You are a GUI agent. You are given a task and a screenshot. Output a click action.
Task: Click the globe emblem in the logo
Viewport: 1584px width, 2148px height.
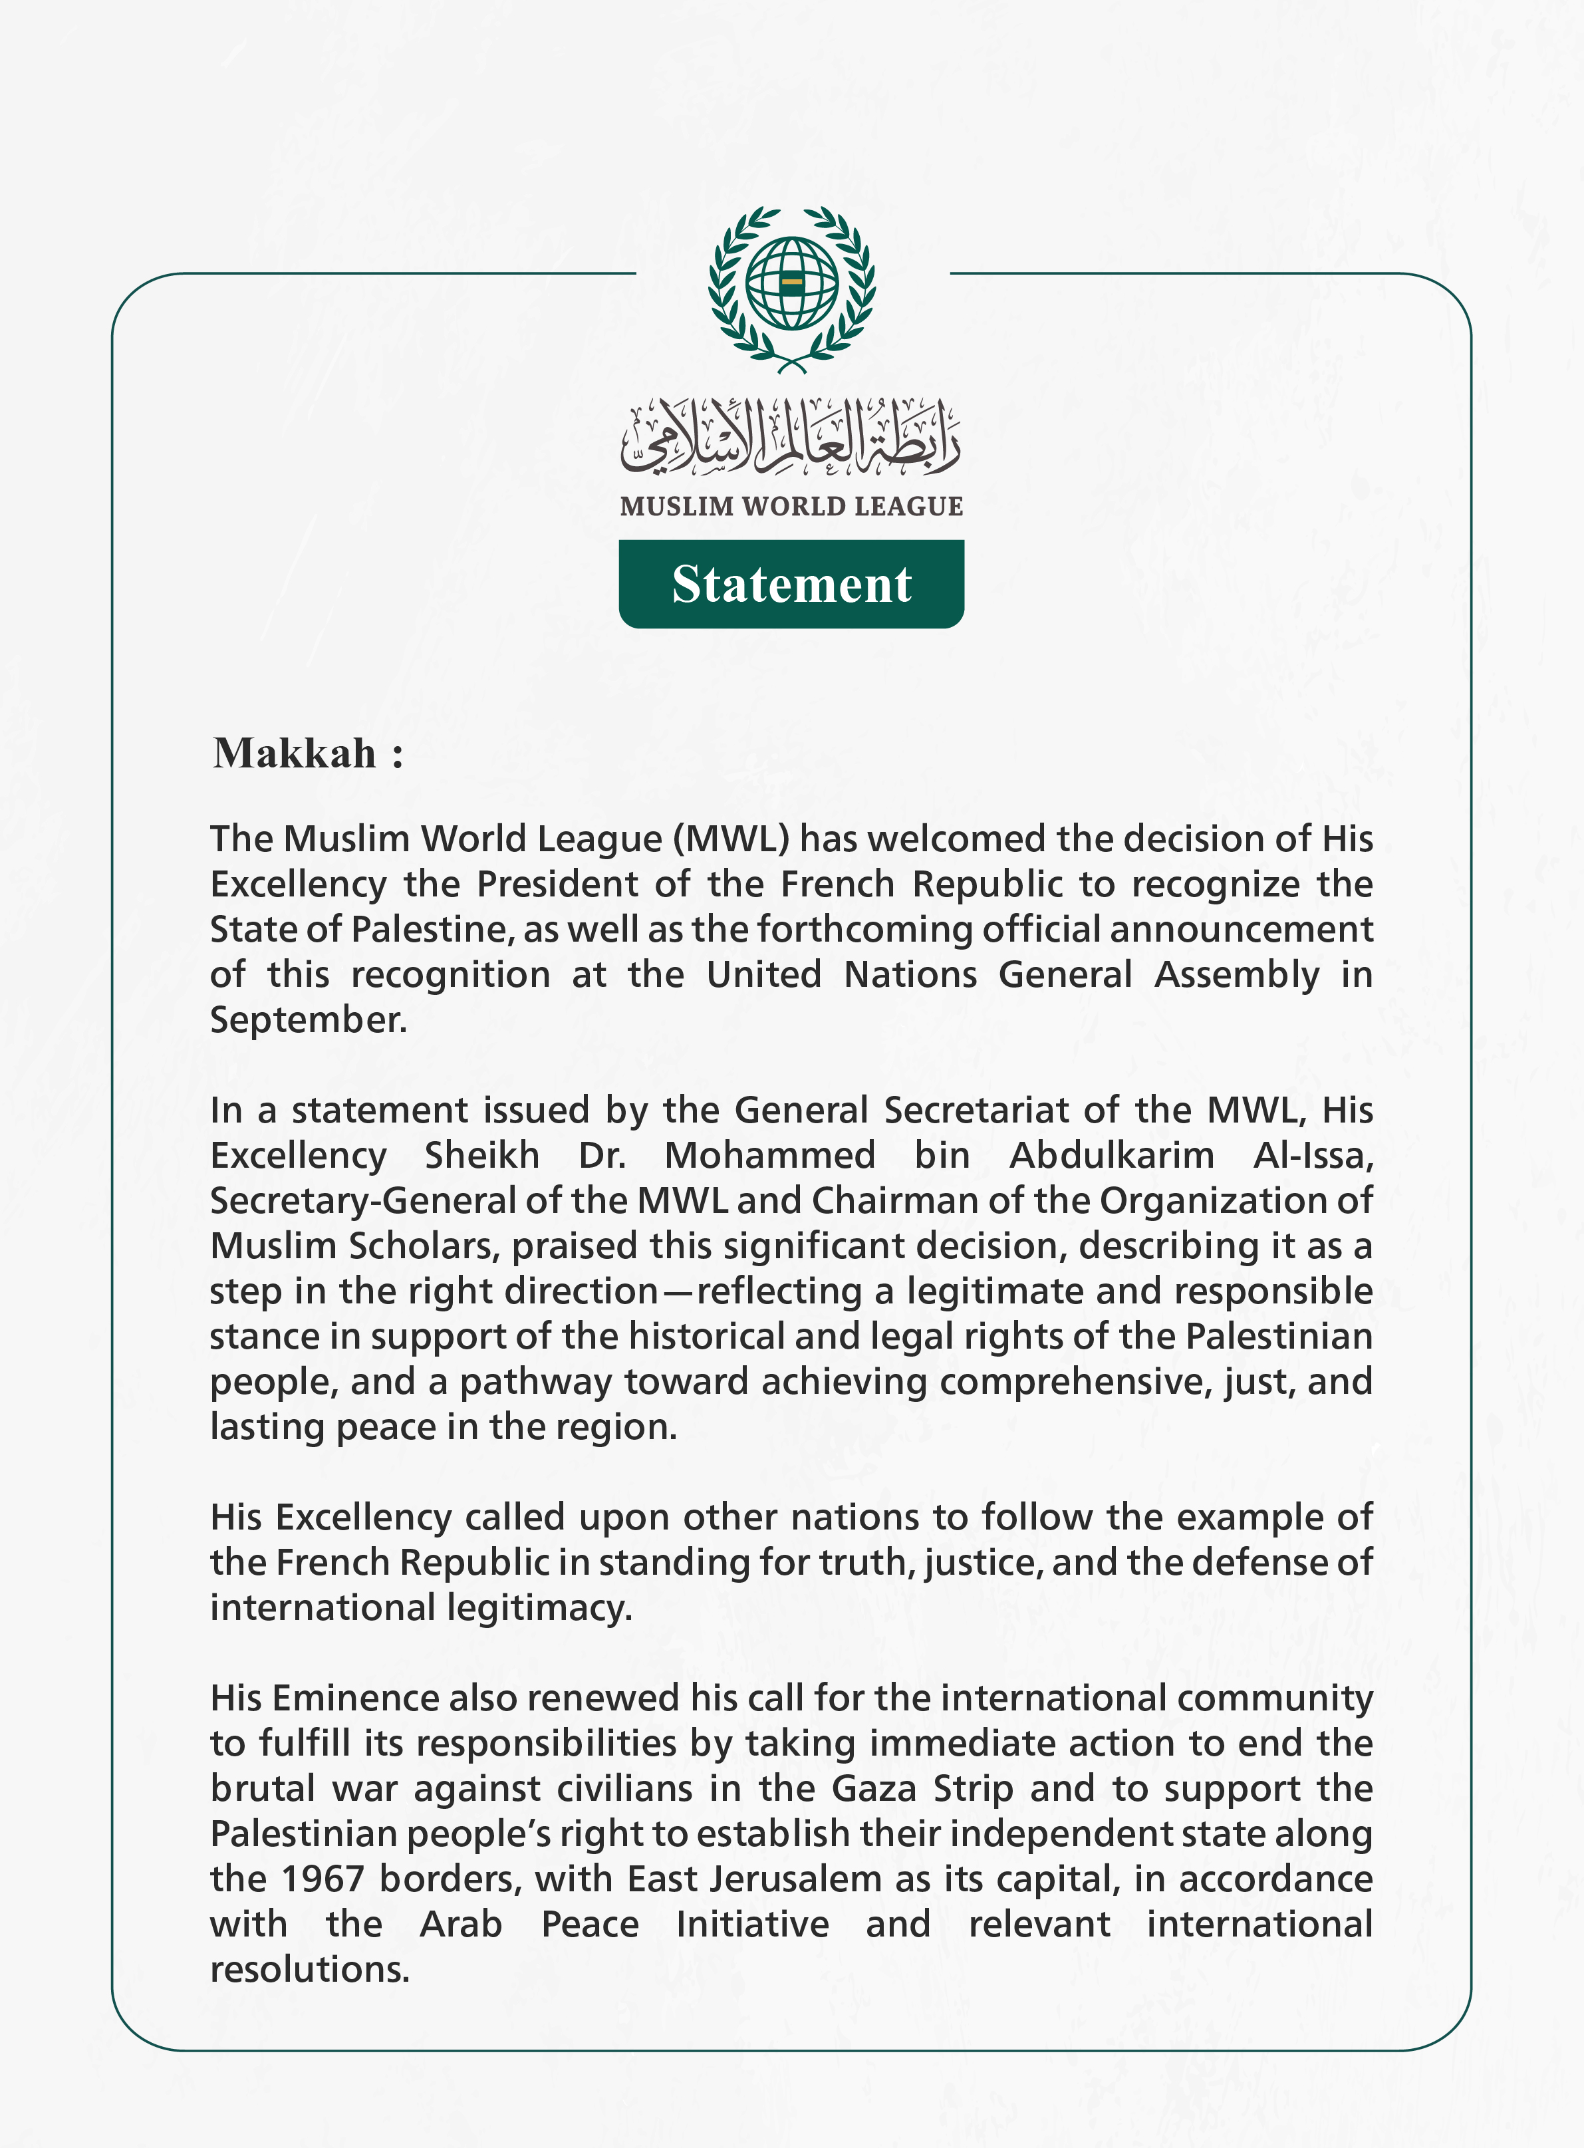click(792, 284)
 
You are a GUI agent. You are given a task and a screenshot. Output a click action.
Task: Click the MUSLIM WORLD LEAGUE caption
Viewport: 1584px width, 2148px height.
click(791, 506)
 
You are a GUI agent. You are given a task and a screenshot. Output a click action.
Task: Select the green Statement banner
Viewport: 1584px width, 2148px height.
click(791, 584)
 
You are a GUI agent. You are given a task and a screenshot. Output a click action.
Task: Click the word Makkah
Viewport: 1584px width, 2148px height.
click(295, 753)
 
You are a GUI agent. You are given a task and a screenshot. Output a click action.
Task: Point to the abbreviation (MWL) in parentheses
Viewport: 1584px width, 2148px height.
click(731, 839)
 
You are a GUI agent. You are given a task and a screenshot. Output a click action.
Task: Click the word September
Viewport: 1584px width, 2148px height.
click(307, 1019)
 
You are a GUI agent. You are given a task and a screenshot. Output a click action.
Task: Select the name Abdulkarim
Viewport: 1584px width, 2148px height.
click(1111, 1156)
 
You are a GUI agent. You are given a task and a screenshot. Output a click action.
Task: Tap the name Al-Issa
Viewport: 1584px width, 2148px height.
click(1313, 1156)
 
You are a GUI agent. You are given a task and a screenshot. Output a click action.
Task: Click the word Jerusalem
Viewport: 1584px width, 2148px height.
click(796, 1879)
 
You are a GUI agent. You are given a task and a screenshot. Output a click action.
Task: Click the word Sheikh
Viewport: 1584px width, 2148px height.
click(481, 1156)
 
